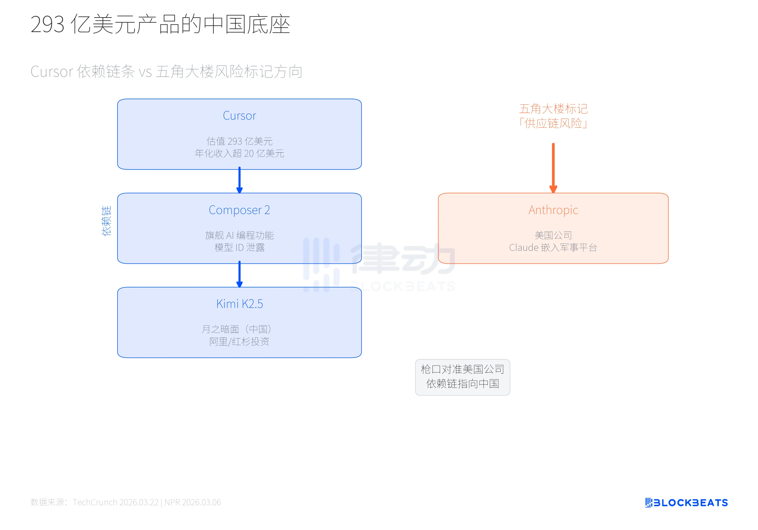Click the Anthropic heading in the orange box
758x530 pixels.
pyautogui.click(x=553, y=210)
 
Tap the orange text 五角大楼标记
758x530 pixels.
pyautogui.click(x=553, y=109)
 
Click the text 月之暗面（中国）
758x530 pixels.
pyautogui.click(x=237, y=329)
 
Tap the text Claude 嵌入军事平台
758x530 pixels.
pyautogui.click(x=553, y=247)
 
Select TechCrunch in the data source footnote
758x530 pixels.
pyautogui.click(x=95, y=502)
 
